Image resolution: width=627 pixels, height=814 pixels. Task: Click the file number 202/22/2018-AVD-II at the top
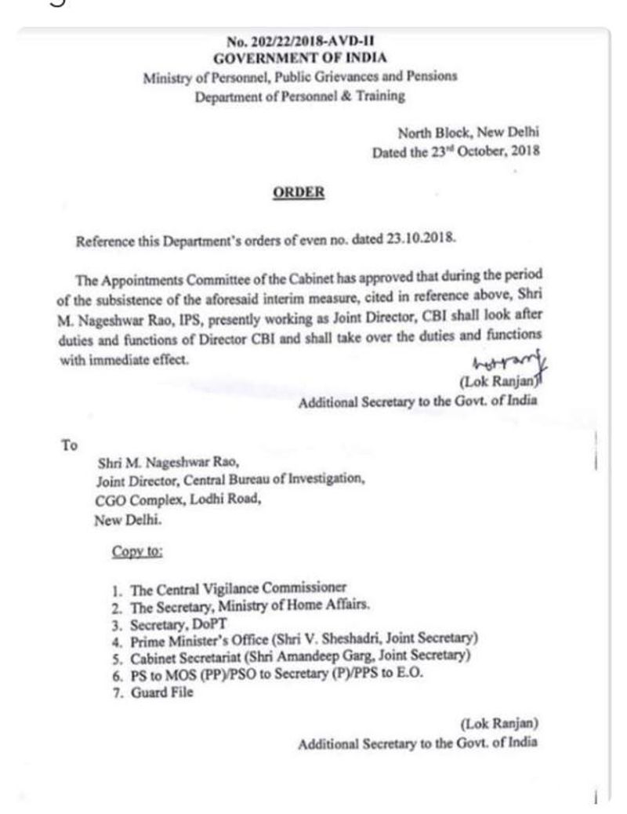300,43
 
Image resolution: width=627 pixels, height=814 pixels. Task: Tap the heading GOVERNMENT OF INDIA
300,58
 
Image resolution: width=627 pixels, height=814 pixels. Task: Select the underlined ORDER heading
299,193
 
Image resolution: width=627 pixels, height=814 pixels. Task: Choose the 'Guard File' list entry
165,692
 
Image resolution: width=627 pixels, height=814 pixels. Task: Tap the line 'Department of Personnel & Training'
300,96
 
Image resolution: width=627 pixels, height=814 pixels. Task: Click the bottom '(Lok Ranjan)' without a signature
498,722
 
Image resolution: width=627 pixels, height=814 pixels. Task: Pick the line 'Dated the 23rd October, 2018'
456,153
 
